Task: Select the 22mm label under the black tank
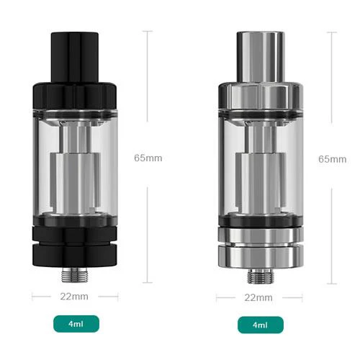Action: pos(75,296)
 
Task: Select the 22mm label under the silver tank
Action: pos(259,296)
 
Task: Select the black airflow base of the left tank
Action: pos(74,245)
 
